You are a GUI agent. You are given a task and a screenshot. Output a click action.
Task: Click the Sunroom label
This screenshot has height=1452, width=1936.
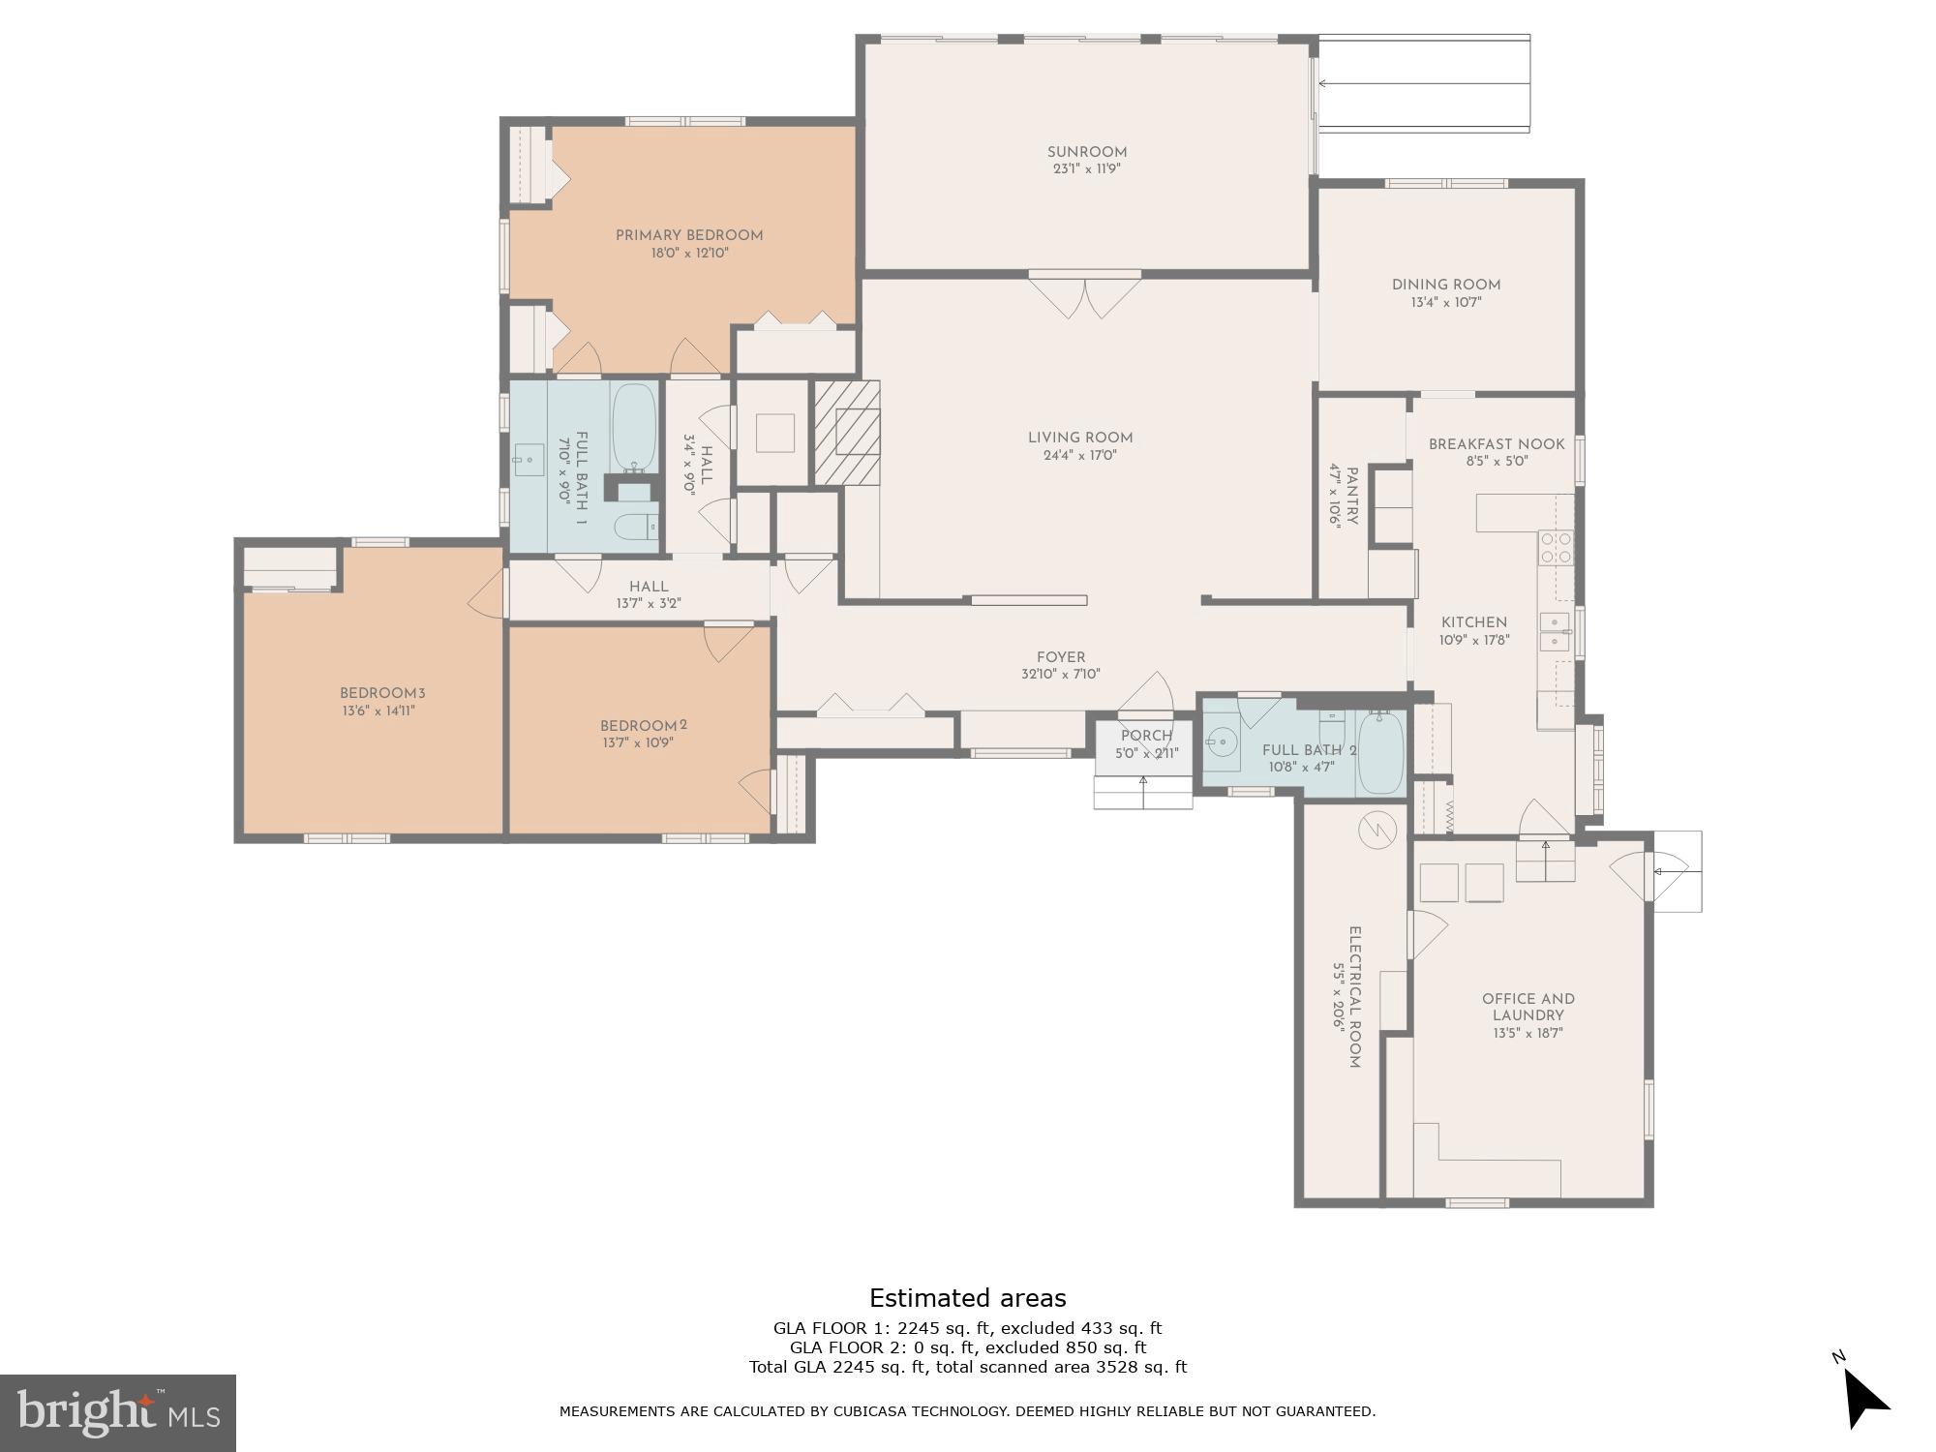[1086, 152]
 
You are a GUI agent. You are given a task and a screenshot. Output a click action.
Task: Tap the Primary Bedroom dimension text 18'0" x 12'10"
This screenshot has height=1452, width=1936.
[689, 254]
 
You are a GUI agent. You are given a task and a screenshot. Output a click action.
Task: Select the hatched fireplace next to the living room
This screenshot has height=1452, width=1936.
[847, 433]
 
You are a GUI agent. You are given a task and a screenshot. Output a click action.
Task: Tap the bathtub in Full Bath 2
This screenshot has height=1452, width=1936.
[1380, 753]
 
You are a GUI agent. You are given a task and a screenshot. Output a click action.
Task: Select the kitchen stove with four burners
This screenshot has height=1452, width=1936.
[1556, 547]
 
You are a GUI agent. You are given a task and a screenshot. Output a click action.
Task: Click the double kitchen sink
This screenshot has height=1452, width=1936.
[1555, 631]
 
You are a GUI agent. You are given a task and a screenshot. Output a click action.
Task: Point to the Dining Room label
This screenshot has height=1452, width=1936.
[1446, 285]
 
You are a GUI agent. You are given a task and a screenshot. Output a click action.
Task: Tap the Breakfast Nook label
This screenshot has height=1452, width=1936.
[1497, 444]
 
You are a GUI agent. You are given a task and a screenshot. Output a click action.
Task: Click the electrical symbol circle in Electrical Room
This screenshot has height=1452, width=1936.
[1377, 830]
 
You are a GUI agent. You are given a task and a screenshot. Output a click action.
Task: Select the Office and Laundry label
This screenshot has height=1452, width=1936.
[1528, 1007]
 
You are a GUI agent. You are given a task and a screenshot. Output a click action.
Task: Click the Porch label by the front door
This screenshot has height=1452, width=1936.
[1146, 736]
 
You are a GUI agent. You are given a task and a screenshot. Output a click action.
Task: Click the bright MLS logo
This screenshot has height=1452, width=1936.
[117, 1413]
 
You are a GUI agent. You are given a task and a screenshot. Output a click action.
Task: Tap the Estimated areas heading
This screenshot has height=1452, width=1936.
[967, 1298]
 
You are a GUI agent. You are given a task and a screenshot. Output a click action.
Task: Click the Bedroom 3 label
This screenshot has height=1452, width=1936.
[381, 693]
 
